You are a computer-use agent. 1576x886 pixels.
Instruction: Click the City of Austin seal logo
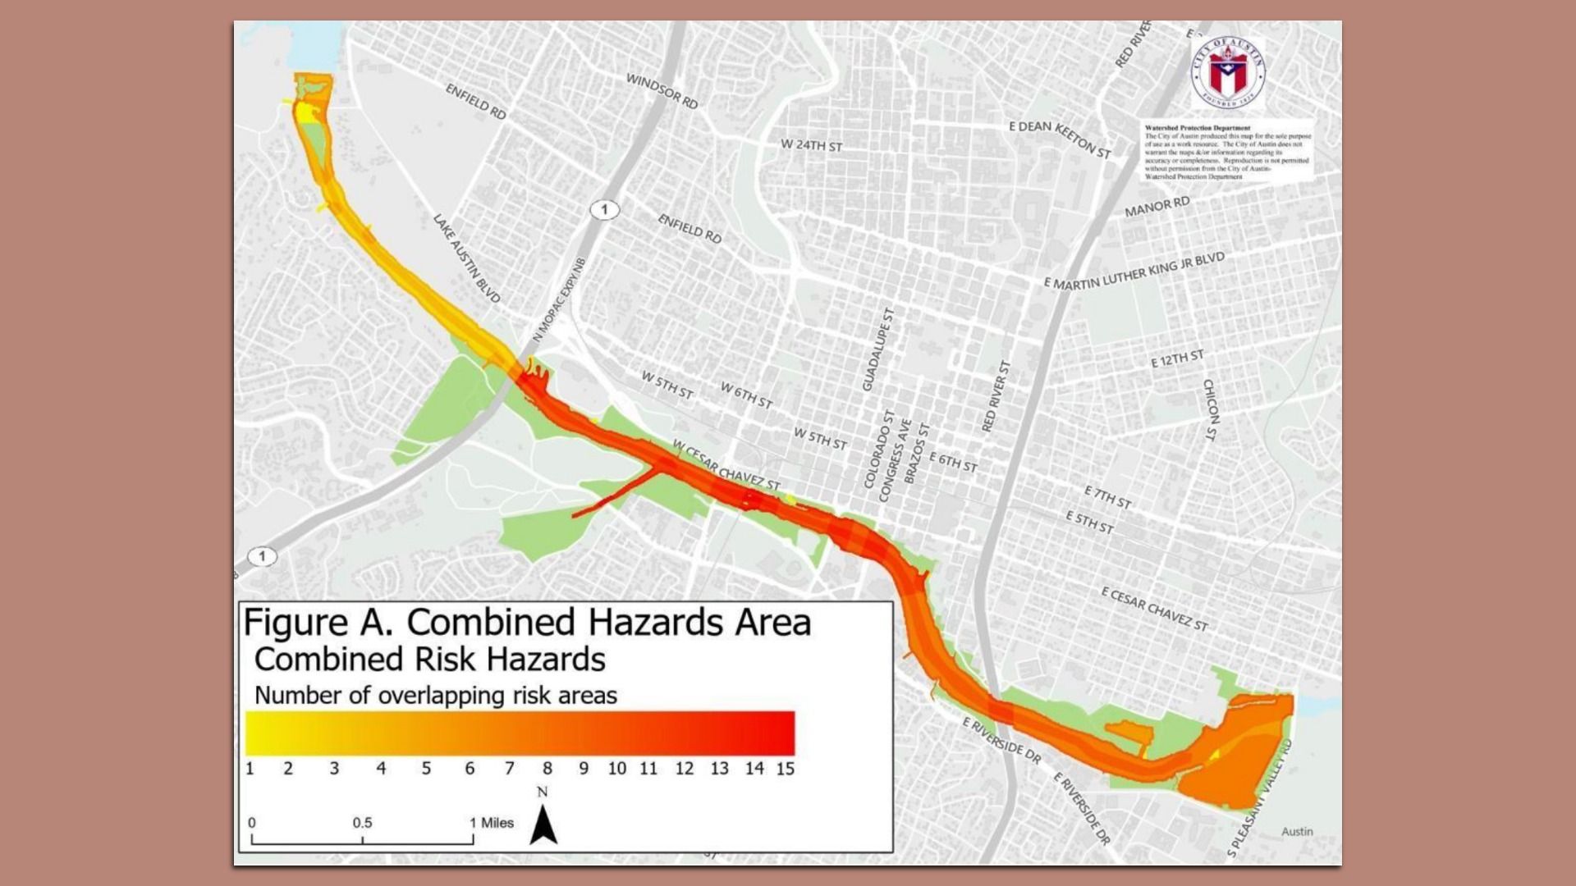(x=1228, y=71)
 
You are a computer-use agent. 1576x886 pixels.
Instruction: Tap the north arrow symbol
(x=543, y=824)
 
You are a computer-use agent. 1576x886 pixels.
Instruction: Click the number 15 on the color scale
(x=785, y=769)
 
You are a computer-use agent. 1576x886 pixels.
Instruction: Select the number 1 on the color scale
(x=250, y=769)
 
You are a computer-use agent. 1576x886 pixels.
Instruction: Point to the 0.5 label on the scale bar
(x=362, y=823)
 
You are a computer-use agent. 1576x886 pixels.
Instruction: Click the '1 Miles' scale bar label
(x=492, y=823)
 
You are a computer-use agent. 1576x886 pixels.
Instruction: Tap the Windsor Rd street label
(x=662, y=91)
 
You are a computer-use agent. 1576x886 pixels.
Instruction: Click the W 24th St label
(x=811, y=145)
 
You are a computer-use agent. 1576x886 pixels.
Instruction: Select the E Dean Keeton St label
(x=1059, y=139)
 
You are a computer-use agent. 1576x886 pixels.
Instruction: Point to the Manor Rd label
(x=1157, y=207)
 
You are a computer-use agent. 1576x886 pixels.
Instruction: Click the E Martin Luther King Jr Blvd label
(x=1134, y=272)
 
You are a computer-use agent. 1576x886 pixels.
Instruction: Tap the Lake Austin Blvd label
(x=466, y=258)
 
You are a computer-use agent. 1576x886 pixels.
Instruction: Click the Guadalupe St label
(x=877, y=349)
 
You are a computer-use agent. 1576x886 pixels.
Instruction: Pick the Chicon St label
(x=1211, y=410)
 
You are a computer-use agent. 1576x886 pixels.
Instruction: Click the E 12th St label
(x=1177, y=359)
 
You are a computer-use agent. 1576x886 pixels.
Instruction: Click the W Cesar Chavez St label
(x=726, y=466)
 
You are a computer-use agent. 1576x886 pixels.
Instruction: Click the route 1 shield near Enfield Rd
(x=604, y=210)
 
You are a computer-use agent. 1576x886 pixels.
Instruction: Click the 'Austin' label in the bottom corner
(x=1297, y=831)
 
